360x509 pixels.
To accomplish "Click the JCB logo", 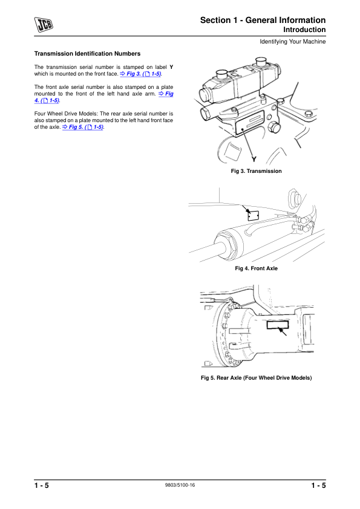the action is (44, 24).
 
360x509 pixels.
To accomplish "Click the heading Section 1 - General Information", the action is (263, 20).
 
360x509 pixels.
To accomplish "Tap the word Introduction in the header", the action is (304, 30).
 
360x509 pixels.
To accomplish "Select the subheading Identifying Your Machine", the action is (293, 42).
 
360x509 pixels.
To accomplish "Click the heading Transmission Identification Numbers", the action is (87, 54).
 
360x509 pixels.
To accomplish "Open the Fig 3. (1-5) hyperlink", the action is (141, 74).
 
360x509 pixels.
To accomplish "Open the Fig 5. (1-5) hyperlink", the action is (83, 127).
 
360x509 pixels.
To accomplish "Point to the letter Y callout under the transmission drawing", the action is (254, 160).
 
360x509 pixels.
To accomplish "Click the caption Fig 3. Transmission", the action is (257, 171).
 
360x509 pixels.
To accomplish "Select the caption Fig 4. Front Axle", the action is (257, 268).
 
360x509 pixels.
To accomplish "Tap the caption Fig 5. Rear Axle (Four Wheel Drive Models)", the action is (257, 378).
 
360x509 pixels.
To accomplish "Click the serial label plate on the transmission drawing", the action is (249, 122).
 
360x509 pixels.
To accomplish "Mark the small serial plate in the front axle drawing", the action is (253, 216).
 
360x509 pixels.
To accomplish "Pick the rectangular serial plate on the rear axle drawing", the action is (278, 324).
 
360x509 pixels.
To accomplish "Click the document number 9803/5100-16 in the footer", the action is (180, 485).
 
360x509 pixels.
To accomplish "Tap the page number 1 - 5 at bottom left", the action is (42, 485).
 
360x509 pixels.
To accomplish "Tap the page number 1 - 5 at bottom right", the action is (318, 485).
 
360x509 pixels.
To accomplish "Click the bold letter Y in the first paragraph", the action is (172, 67).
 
